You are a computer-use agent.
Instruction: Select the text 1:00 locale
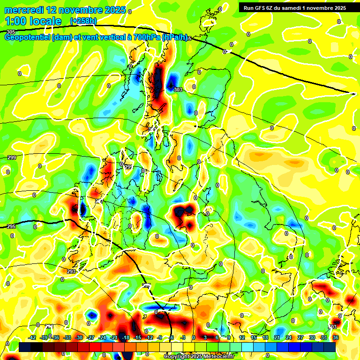(33, 21)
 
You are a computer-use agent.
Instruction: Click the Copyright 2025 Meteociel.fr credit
(199, 357)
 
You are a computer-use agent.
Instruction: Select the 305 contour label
(10, 32)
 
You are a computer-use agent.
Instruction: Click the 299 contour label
(12, 157)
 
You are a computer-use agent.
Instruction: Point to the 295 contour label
(12, 226)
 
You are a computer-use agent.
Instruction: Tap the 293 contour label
(71, 271)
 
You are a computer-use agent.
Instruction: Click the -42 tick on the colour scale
(32, 337)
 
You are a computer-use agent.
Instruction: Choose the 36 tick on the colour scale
(336, 337)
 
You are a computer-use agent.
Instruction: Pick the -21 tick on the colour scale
(113, 337)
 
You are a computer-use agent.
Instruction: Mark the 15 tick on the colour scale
(254, 337)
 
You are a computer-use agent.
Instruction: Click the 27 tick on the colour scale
(300, 337)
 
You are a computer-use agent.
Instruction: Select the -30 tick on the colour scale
(79, 337)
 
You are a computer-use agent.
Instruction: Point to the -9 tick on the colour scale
(160, 337)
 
